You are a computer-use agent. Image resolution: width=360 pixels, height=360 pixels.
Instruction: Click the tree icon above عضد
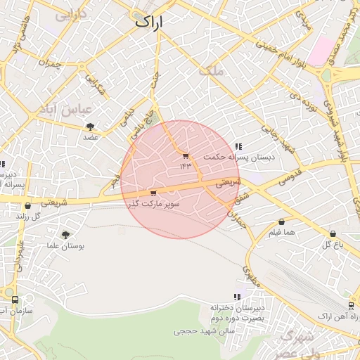pos(90,127)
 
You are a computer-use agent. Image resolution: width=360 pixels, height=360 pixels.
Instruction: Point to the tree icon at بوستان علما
pos(65,235)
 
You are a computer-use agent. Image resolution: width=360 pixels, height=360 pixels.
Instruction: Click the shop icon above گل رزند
pos(27,206)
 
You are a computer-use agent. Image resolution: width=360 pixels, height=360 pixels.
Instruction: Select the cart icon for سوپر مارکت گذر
pos(153,193)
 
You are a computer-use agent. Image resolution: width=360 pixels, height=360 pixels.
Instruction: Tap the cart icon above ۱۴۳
pos(186,156)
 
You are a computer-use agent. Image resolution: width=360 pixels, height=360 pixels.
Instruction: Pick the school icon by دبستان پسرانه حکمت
pos(238,147)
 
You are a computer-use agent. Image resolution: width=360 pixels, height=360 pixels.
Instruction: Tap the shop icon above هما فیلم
pos(281,221)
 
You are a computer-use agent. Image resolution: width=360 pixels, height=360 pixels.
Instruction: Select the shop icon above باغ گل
pos(333,234)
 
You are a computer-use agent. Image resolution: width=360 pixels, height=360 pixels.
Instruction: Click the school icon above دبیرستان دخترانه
pos(237,297)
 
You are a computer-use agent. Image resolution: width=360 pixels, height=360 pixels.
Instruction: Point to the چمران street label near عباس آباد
pos(52,65)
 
